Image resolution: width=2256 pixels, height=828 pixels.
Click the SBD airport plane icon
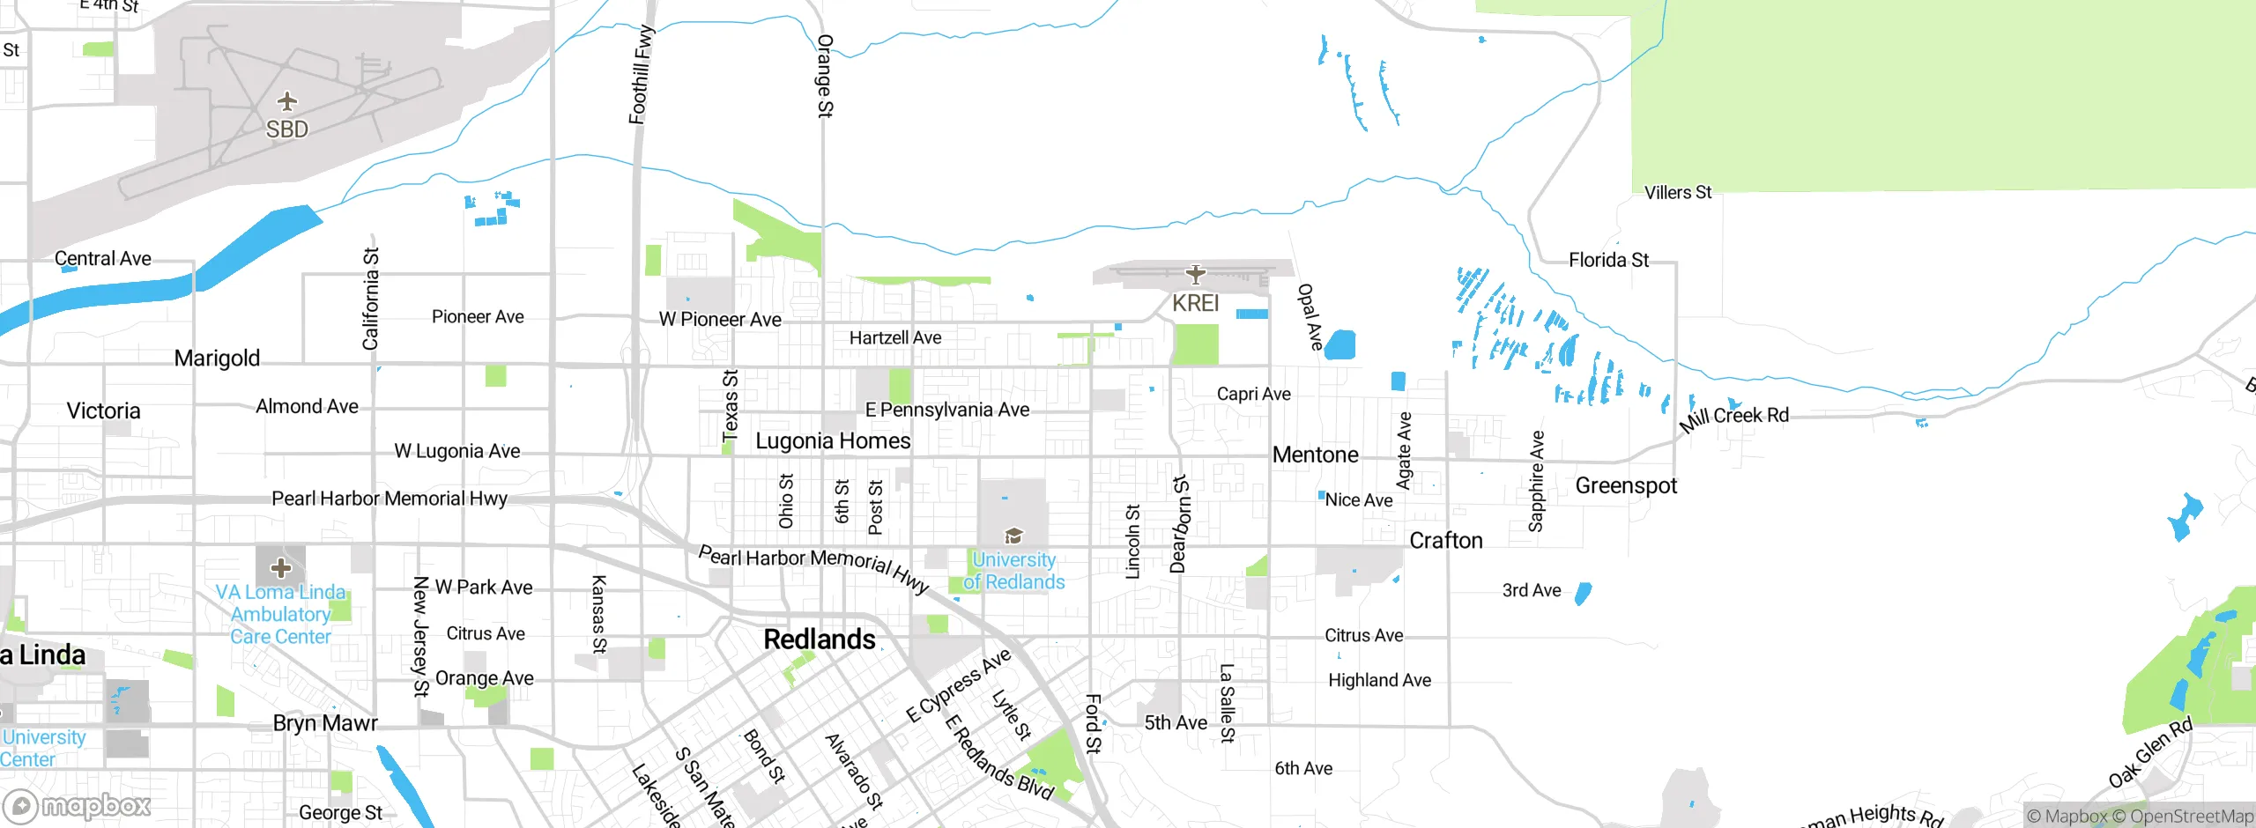[287, 101]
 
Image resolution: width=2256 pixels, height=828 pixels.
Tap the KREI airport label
[1195, 303]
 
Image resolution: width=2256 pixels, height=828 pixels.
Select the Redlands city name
[820, 639]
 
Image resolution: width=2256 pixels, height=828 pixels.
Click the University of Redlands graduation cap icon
[1013, 536]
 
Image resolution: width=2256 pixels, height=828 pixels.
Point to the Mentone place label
[1315, 455]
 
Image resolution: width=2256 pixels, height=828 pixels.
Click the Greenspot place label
[1626, 486]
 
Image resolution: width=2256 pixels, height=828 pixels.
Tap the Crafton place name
[1446, 541]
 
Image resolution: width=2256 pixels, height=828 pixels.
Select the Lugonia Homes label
[833, 441]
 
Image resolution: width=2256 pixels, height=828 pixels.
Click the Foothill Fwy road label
[641, 75]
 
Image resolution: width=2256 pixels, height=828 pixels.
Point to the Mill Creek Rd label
[1734, 417]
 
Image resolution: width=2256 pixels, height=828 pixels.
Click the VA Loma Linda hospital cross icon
[281, 567]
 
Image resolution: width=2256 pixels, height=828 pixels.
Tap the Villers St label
[1677, 192]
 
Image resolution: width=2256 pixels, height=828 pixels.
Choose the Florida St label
[1608, 260]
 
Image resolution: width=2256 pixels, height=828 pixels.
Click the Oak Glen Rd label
[2149, 753]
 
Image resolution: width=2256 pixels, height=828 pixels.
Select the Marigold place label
[217, 359]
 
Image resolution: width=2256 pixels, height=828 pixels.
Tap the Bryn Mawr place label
[325, 723]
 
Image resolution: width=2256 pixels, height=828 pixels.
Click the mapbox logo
[78, 805]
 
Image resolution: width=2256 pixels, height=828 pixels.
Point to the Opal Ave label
[1310, 316]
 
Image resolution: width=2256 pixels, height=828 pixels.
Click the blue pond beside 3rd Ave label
[1583, 594]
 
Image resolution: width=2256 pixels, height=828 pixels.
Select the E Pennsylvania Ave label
[947, 410]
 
